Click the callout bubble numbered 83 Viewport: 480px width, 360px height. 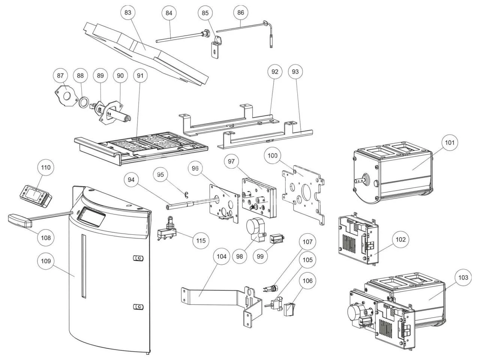coord(128,12)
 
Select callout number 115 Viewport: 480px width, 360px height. coord(201,240)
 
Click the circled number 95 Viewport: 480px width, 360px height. coord(160,175)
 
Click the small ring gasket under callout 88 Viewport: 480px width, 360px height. coord(85,101)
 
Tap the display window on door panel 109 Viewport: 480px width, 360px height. coord(91,217)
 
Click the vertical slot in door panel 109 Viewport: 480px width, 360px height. coord(84,266)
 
